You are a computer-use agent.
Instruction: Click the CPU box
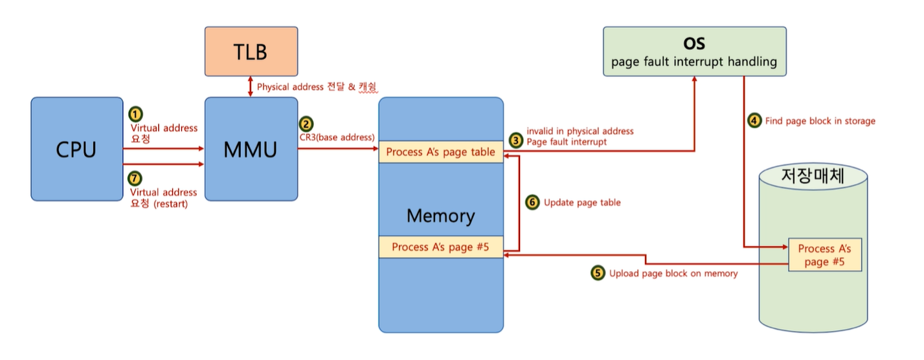click(76, 149)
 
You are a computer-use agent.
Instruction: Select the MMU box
click(251, 149)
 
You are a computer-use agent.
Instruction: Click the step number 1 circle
click(135, 114)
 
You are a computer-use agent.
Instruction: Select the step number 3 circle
click(515, 139)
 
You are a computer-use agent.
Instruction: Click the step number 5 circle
click(598, 273)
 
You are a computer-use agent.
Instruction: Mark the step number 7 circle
click(135, 179)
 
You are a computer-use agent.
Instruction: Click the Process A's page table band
click(441, 152)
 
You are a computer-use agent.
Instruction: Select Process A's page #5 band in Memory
click(441, 247)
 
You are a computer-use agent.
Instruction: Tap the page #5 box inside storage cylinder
click(824, 255)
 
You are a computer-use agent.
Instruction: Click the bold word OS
click(694, 44)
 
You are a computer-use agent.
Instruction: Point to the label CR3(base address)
click(337, 137)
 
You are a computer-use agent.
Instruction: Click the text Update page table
click(582, 203)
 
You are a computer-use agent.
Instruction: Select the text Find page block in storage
click(820, 120)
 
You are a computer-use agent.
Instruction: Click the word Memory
click(440, 215)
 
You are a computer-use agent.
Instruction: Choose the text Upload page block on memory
click(673, 273)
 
